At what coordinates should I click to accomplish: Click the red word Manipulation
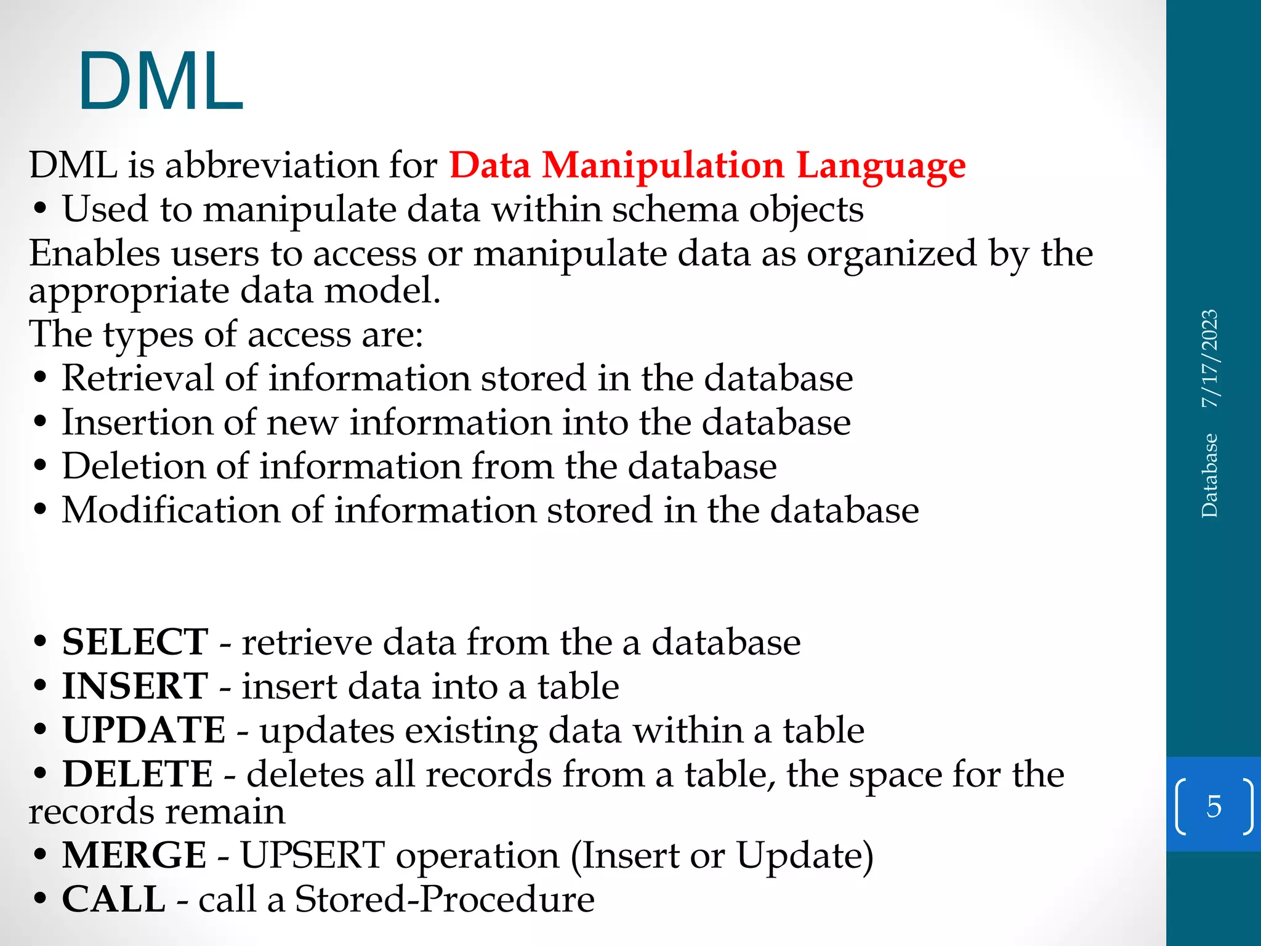pos(663,166)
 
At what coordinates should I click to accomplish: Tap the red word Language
pos(881,166)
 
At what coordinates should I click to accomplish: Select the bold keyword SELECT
pos(135,642)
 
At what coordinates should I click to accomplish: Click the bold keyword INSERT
pos(135,687)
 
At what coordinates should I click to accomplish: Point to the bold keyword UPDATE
pos(143,730)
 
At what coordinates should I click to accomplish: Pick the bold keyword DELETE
pos(137,774)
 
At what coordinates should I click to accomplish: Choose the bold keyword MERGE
pos(134,855)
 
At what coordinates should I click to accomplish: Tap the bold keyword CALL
pos(114,899)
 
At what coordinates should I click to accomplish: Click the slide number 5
pos(1214,806)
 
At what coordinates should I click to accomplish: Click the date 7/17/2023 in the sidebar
pos(1210,358)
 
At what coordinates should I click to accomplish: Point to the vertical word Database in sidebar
pos(1210,475)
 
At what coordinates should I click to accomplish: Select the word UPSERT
pos(312,855)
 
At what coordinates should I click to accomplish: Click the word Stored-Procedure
pos(445,899)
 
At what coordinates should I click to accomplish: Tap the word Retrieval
pos(137,378)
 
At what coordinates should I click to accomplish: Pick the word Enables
pos(94,254)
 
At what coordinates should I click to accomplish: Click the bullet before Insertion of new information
pos(41,423)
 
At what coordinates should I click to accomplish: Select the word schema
pos(675,210)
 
